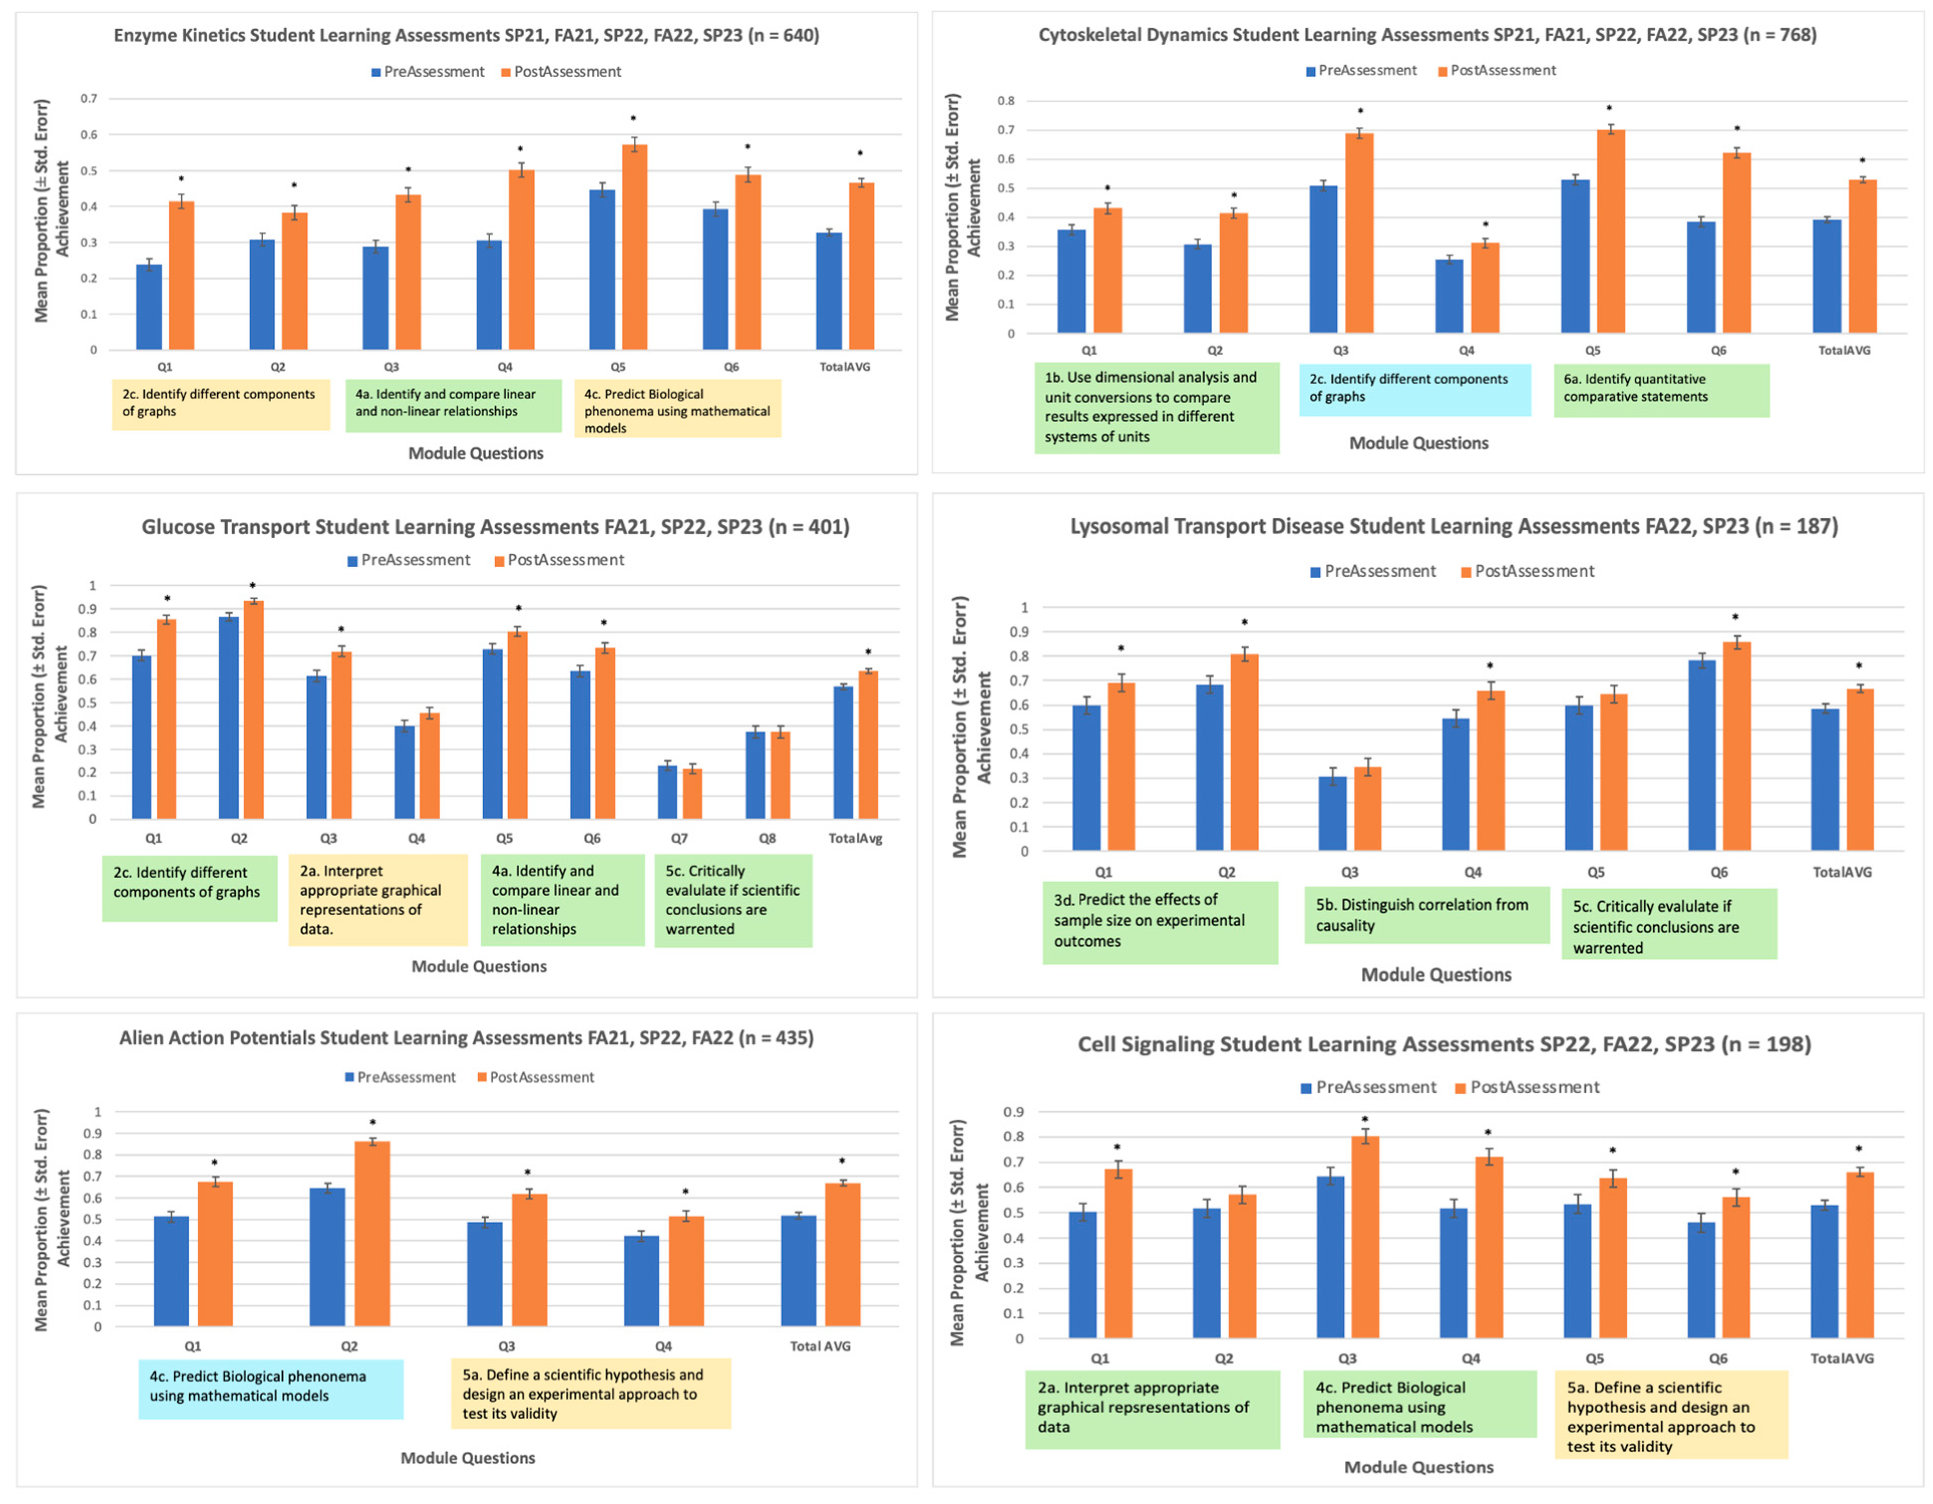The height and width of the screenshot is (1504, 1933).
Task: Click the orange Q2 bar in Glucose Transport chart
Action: pyautogui.click(x=254, y=710)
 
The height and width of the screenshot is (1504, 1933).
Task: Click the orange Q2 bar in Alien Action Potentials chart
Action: pyautogui.click(x=372, y=1234)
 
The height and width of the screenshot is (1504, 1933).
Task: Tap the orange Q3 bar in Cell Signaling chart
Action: pyautogui.click(x=1365, y=1238)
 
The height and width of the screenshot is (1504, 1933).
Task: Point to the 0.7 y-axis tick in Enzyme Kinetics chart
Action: pyautogui.click(x=89, y=98)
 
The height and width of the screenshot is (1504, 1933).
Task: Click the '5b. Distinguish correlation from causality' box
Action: pyautogui.click(x=1427, y=915)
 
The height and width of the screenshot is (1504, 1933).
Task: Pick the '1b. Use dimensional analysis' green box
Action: pyautogui.click(x=1157, y=408)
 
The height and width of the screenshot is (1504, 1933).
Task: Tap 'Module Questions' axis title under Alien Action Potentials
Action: pyautogui.click(x=468, y=1458)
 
